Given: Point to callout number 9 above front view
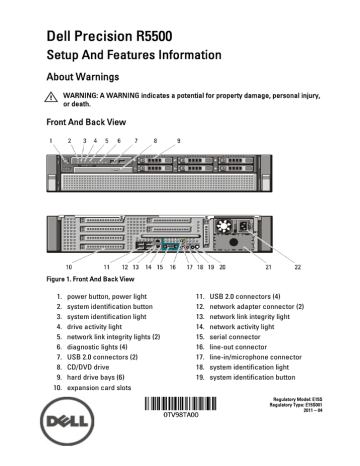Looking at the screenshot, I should pos(178,143).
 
